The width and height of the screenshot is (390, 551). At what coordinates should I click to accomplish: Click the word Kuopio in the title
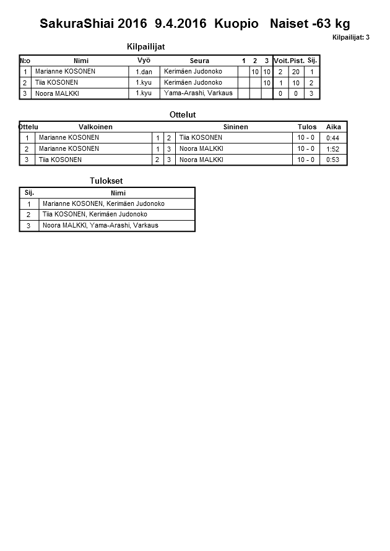[x=236, y=24]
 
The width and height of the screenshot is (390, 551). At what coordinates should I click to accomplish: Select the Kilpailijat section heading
[x=145, y=46]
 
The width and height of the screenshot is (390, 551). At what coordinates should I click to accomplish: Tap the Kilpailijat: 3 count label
[x=350, y=37]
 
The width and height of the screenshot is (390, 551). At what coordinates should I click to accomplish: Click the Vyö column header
[x=144, y=61]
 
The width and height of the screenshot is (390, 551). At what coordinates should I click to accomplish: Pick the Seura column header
[x=199, y=61]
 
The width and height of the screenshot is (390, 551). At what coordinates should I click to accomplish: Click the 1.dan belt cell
[x=144, y=72]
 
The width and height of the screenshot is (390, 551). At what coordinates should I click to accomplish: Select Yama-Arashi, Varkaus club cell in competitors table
[x=198, y=93]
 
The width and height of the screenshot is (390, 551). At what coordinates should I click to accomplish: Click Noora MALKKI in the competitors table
[x=57, y=93]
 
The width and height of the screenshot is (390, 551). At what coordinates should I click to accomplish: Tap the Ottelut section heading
[x=183, y=114]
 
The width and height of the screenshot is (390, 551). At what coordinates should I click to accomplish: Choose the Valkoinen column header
[x=95, y=127]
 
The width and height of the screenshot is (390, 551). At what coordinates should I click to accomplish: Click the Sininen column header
[x=235, y=127]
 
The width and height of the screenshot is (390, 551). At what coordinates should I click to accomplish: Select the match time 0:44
[x=333, y=138]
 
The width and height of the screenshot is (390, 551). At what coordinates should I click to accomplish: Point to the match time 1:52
[x=333, y=149]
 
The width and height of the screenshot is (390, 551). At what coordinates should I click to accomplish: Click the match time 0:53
[x=333, y=160]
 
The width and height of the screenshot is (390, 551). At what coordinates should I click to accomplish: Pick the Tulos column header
[x=307, y=127]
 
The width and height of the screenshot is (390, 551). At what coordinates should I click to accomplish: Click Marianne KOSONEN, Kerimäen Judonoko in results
[x=104, y=203]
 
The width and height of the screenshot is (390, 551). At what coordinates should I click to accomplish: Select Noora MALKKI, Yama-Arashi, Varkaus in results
[x=100, y=226]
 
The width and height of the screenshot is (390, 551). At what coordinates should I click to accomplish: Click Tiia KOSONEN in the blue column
[x=201, y=138]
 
